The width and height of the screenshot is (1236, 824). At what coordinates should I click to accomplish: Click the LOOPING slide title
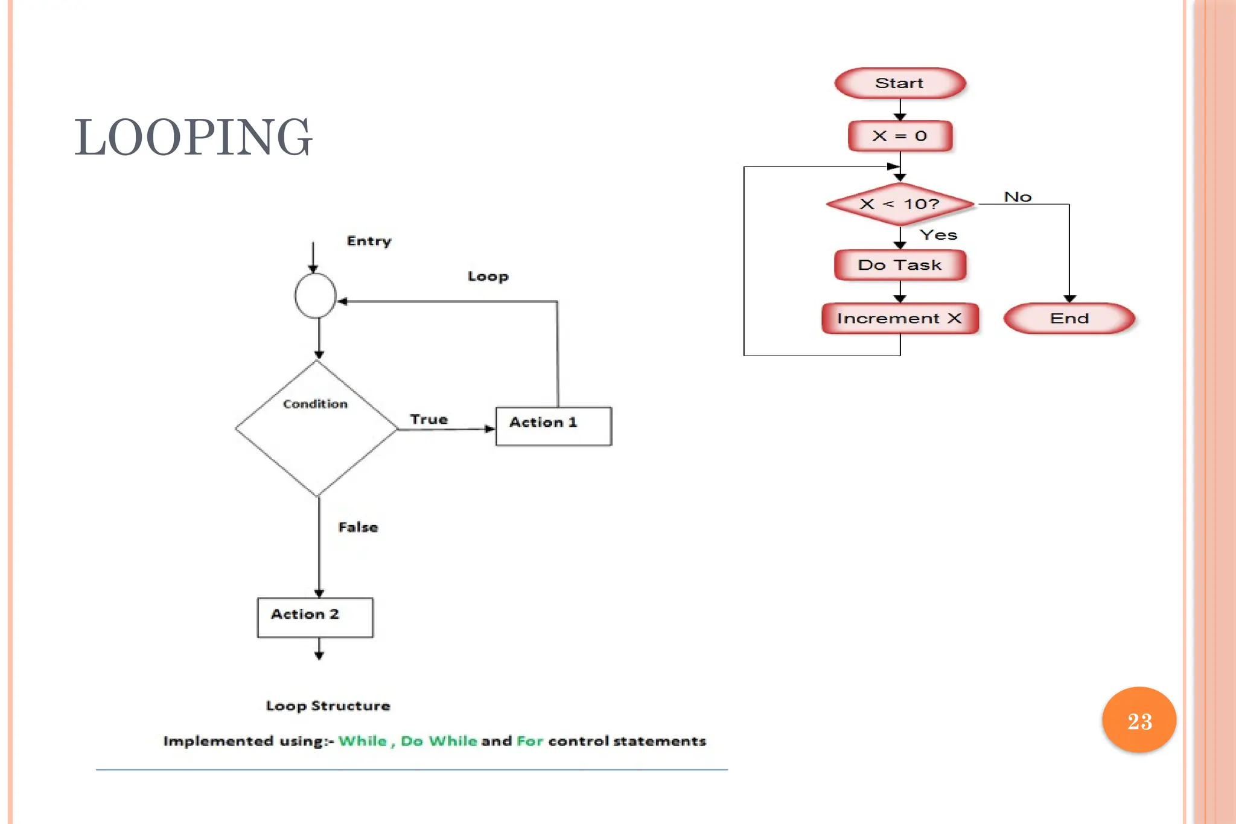(x=193, y=137)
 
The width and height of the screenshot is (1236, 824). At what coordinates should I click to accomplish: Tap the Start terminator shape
(x=900, y=83)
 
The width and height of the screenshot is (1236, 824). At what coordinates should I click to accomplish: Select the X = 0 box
(x=900, y=136)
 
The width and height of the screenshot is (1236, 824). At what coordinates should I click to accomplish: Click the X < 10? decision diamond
(x=900, y=204)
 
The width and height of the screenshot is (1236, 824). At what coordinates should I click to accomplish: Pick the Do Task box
(x=900, y=265)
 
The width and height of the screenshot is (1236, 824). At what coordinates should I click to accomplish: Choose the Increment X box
(x=900, y=318)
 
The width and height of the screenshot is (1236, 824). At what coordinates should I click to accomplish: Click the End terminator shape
(x=1069, y=318)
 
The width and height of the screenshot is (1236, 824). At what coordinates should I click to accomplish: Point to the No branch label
(x=1018, y=197)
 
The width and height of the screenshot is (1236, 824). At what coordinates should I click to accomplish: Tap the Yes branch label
(x=938, y=235)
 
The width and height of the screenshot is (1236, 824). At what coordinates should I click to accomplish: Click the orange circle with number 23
(x=1139, y=720)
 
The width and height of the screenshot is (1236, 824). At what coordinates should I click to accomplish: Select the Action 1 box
(x=553, y=426)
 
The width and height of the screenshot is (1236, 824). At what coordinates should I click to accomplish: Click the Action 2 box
(x=315, y=617)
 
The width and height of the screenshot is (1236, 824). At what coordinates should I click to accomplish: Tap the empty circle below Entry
(x=315, y=296)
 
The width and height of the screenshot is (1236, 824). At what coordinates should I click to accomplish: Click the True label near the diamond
(x=428, y=419)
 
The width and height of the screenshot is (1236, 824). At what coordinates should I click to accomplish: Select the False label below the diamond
(x=358, y=527)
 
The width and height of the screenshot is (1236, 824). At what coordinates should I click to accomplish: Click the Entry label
(x=369, y=241)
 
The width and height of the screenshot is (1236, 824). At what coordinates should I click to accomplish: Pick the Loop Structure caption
(x=328, y=706)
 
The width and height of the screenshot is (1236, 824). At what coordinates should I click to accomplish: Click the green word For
(x=530, y=741)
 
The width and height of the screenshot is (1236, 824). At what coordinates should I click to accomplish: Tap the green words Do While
(x=439, y=741)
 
